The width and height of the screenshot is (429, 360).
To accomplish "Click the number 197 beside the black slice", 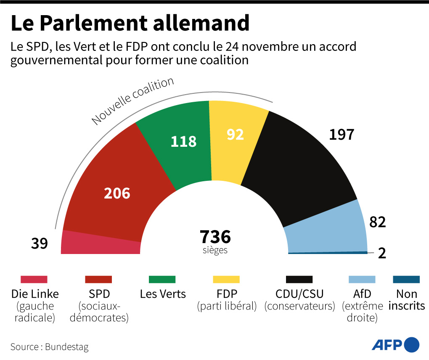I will [x=342, y=135].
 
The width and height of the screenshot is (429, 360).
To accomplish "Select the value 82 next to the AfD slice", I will [x=377, y=222].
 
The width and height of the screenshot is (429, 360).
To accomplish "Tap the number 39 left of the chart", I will [x=40, y=243].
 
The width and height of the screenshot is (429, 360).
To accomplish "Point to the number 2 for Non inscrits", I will [x=382, y=254].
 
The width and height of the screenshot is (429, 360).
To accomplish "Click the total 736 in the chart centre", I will [x=215, y=237].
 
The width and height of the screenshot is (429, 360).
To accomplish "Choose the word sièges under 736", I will [x=215, y=250].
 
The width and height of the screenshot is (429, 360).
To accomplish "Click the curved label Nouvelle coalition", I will [x=133, y=101].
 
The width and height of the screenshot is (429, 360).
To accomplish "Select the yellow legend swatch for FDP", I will [x=226, y=280].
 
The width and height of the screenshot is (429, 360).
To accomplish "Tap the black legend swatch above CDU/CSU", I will [x=299, y=280].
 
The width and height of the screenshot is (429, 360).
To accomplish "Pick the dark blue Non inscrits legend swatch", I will [x=406, y=280].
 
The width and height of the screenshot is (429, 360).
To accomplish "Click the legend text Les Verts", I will [x=163, y=294].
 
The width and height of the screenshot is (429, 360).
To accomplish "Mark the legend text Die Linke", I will [x=35, y=294].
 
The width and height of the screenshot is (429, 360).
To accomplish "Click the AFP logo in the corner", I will [x=395, y=345].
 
